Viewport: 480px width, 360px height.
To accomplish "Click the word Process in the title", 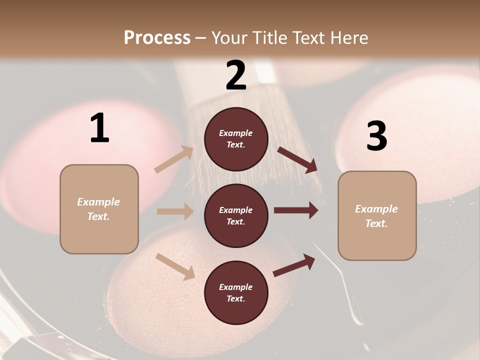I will [x=157, y=38].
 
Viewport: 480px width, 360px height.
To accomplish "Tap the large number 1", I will [x=99, y=128].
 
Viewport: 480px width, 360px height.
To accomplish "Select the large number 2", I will [x=236, y=75].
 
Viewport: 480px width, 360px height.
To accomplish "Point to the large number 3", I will [x=376, y=136].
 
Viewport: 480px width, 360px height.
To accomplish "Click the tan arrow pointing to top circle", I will [x=174, y=159].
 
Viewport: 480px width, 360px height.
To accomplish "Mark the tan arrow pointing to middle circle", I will [x=175, y=211].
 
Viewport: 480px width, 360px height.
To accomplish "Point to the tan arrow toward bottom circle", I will [x=175, y=266].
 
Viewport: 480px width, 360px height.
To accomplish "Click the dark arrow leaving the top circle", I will [x=297, y=160].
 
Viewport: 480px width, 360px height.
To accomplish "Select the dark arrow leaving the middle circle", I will [x=296, y=210].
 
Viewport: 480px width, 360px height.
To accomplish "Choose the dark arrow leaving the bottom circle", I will [x=294, y=265].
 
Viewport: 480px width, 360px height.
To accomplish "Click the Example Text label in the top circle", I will [x=236, y=139].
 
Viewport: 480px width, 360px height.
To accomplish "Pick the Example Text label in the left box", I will [x=98, y=209].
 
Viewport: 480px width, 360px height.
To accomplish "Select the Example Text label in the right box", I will [x=376, y=216].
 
